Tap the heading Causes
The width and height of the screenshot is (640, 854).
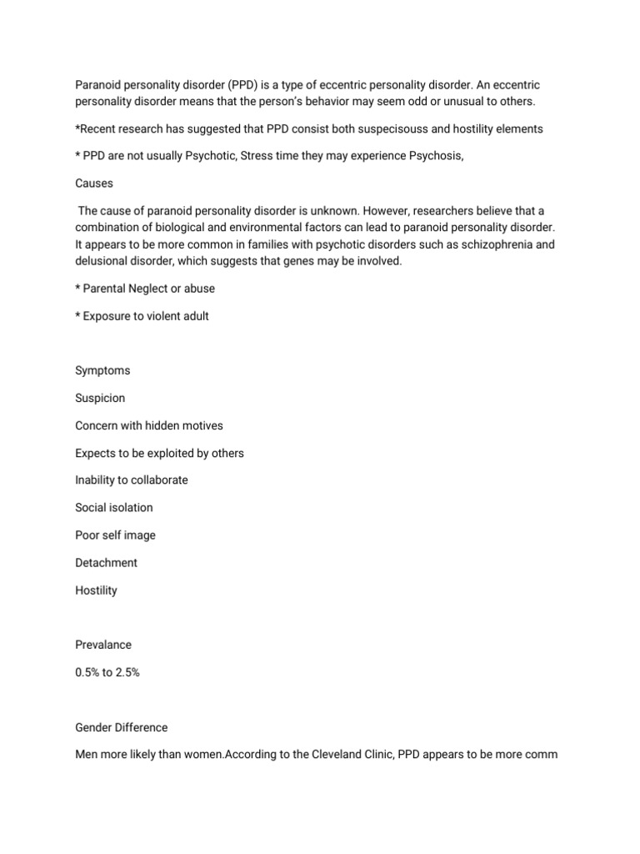coord(93,183)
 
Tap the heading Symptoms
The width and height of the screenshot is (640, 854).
coord(102,370)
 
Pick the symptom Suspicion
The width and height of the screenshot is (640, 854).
coord(100,398)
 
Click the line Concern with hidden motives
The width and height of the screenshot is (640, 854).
coord(149,425)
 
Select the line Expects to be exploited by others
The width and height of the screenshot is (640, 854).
coord(159,453)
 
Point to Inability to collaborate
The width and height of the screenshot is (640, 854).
coord(132,480)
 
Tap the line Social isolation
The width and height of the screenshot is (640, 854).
coord(114,508)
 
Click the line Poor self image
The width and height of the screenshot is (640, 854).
coord(115,535)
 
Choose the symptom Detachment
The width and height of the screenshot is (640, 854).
coord(106,563)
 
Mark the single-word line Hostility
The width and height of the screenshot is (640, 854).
coord(96,590)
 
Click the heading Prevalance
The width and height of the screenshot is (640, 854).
coord(103,645)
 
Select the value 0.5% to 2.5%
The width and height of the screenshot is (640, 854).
coord(107,672)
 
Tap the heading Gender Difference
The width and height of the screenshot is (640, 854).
coord(122,726)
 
